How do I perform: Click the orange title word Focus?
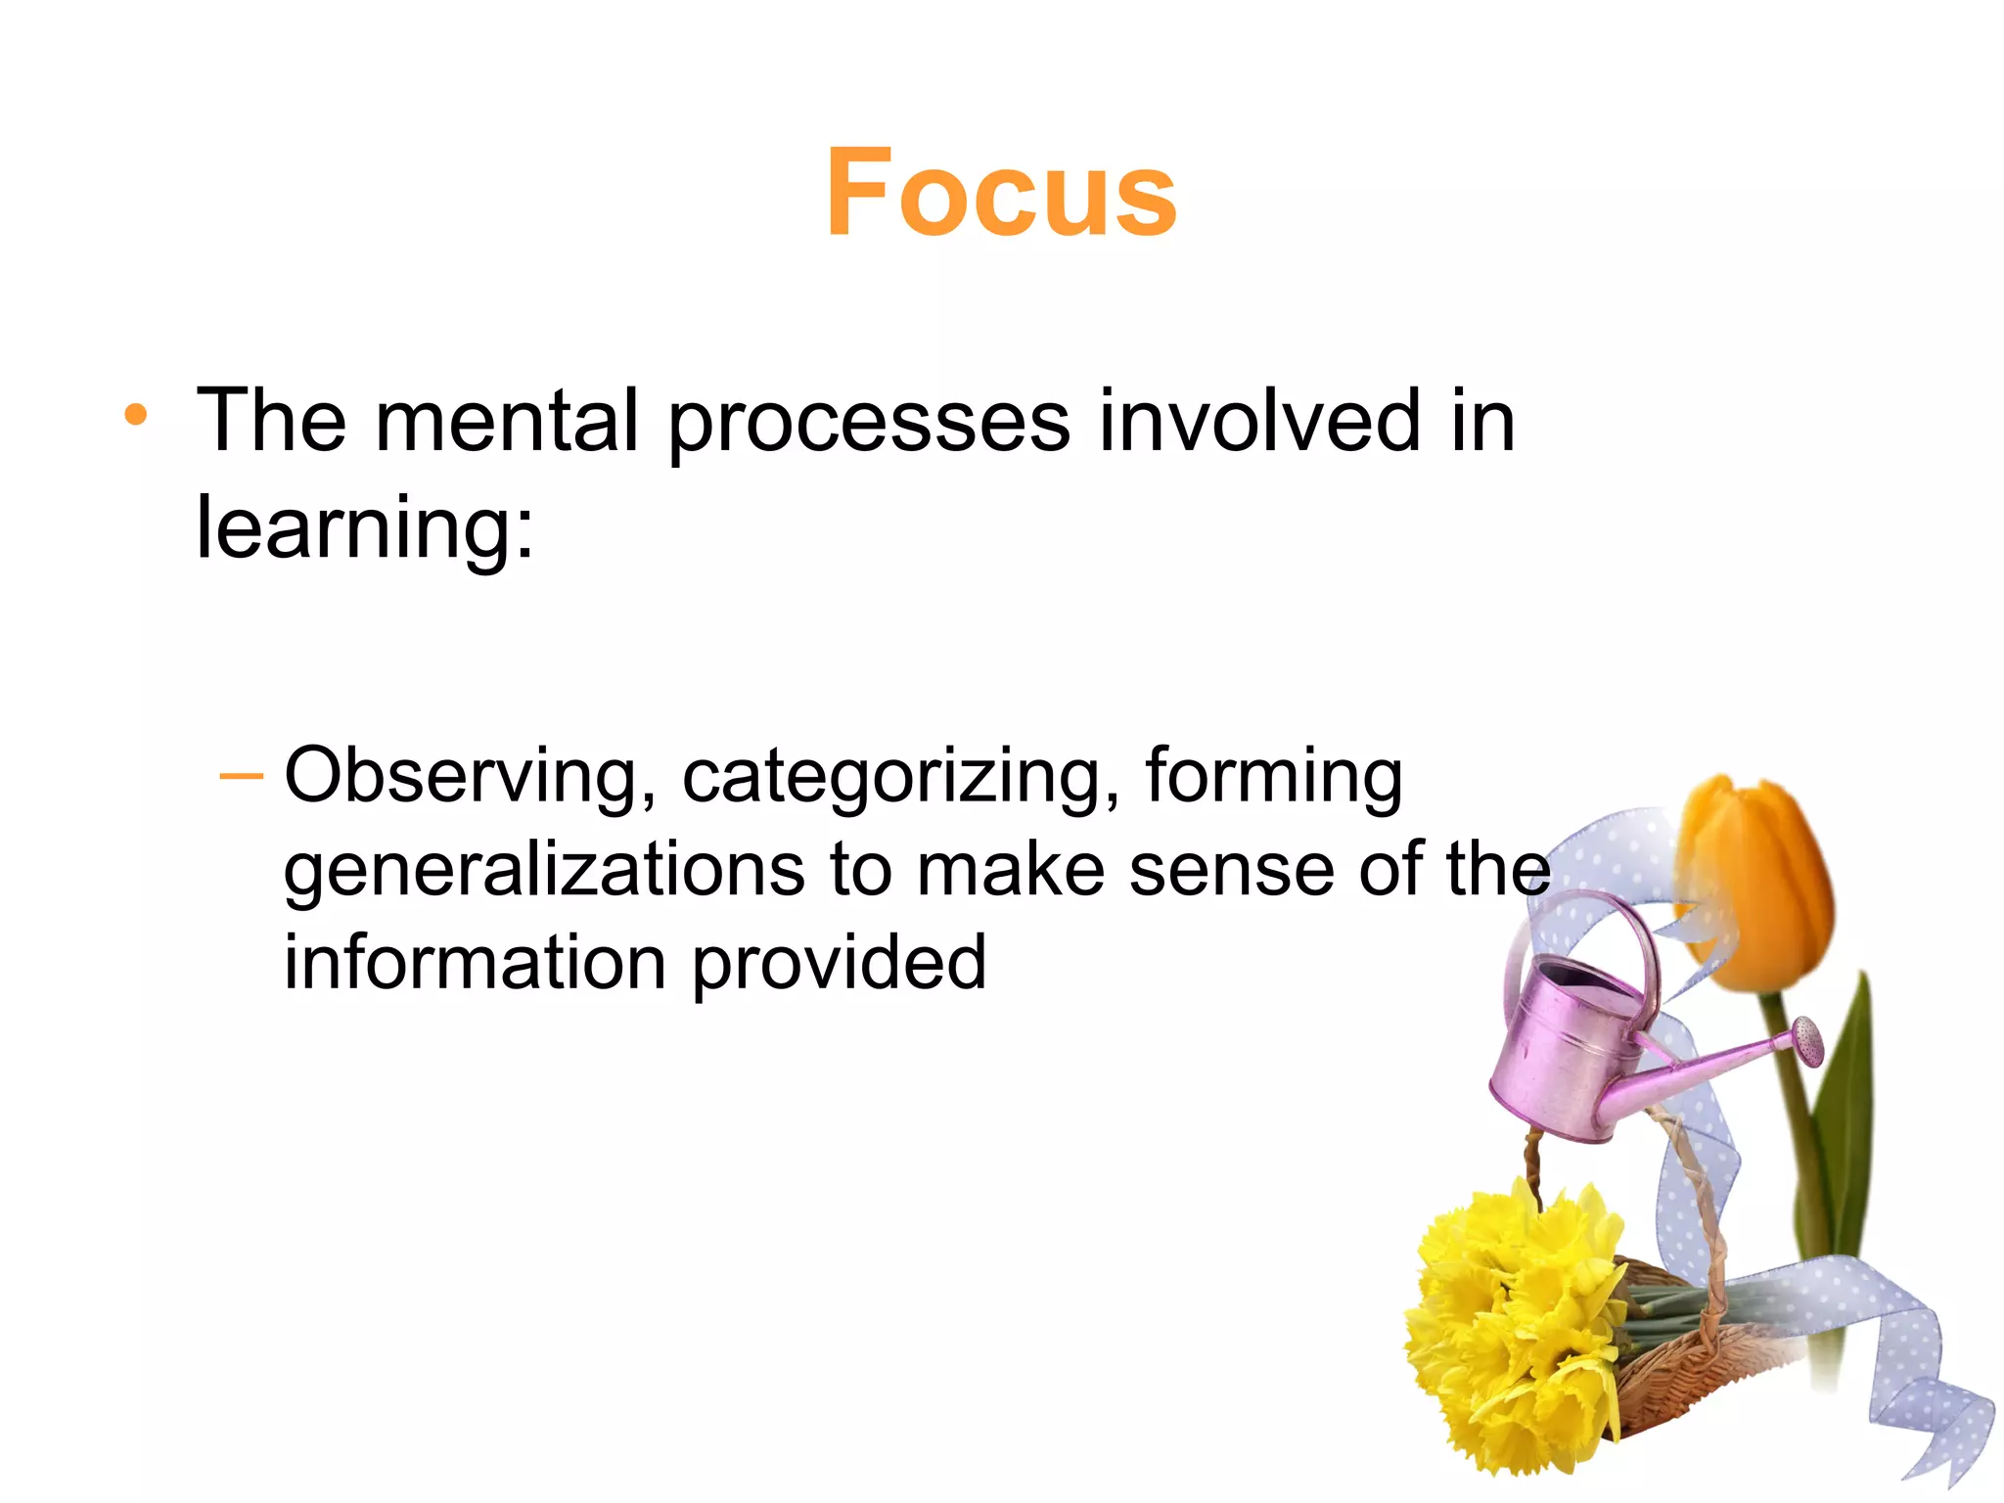coord(1001,193)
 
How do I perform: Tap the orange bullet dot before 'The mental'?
coord(136,416)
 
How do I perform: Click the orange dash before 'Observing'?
coord(242,777)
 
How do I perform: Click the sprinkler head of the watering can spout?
coord(1809,1039)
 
